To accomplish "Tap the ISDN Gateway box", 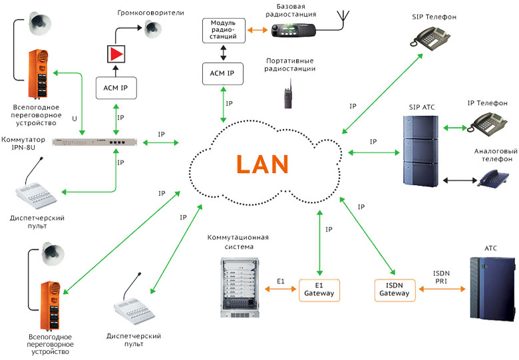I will (x=395, y=288).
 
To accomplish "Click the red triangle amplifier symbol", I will (x=116, y=54).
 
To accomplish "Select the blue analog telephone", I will (x=494, y=178).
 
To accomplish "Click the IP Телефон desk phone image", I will (x=490, y=122).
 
